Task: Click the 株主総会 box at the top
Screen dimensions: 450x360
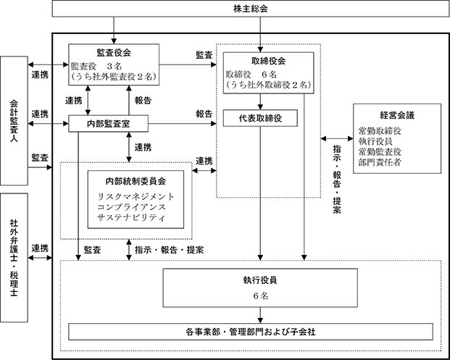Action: (251, 9)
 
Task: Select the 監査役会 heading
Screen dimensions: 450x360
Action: (114, 53)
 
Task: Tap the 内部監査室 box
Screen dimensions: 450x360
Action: (108, 124)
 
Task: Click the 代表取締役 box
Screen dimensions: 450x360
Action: (260, 118)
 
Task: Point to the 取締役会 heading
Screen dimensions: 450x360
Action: (268, 61)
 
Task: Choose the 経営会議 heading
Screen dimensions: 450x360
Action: (397, 115)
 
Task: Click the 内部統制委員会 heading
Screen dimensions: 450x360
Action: (136, 181)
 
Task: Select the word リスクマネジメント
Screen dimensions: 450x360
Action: (136, 197)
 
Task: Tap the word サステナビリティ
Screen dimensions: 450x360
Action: (131, 217)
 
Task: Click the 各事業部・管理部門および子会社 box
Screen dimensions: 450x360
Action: (251, 332)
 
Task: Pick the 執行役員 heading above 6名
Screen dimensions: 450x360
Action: (260, 280)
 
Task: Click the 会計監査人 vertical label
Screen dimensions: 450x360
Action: (14, 120)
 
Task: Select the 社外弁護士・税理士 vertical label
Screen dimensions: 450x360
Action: (14, 258)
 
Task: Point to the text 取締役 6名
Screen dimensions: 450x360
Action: (251, 75)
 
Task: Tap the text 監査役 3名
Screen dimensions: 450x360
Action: (96, 67)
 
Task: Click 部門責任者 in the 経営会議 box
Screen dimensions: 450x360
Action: (380, 162)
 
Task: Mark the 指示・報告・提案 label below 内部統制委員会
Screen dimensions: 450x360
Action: (170, 250)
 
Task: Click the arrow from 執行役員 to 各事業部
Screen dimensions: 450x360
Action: (260, 315)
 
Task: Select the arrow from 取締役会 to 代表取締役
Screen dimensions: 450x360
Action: (260, 102)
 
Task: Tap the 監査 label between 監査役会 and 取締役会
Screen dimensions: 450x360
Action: (204, 55)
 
